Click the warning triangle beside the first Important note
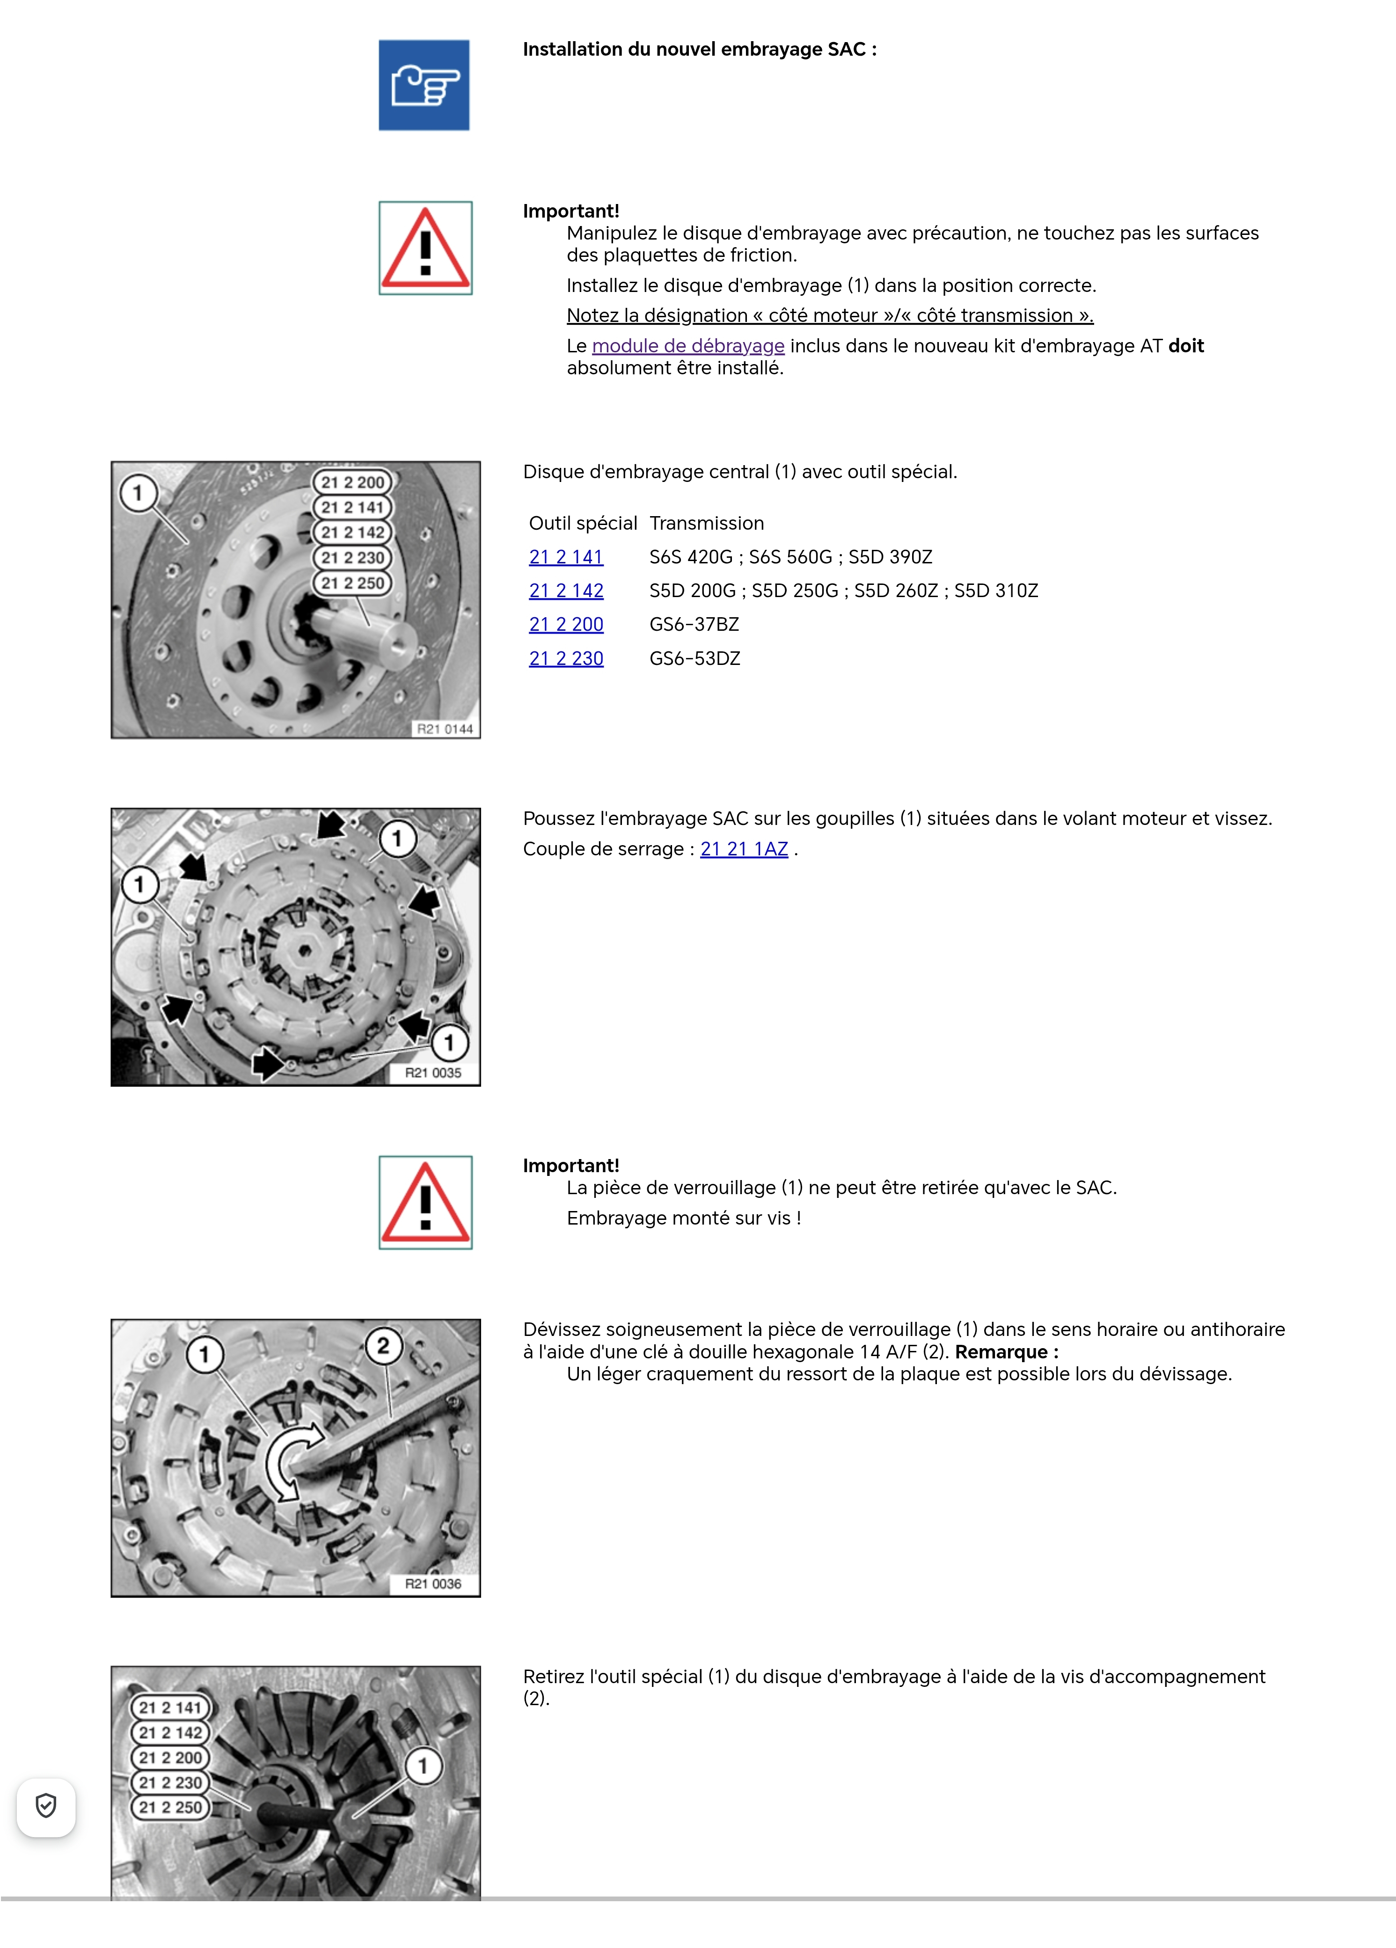pos(425,248)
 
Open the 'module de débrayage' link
pos(687,346)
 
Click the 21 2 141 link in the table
pos(566,557)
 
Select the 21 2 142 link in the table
pos(566,591)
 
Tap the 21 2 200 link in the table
pos(566,624)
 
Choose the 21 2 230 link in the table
pos(566,659)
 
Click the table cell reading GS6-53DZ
pos(694,659)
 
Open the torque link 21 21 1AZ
pos(744,849)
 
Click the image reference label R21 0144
pos(444,729)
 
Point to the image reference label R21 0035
pos(433,1073)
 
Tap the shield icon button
pos(46,1806)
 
